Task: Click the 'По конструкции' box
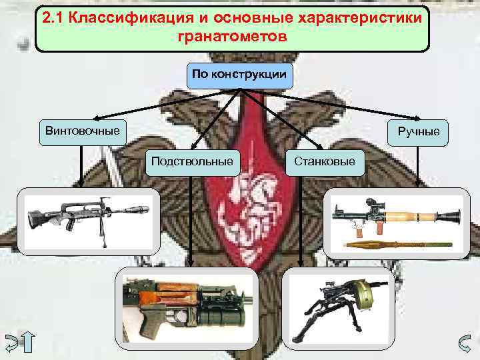coord(239,75)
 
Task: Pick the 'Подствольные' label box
coord(192,161)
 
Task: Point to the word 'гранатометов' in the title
coord(233,36)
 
